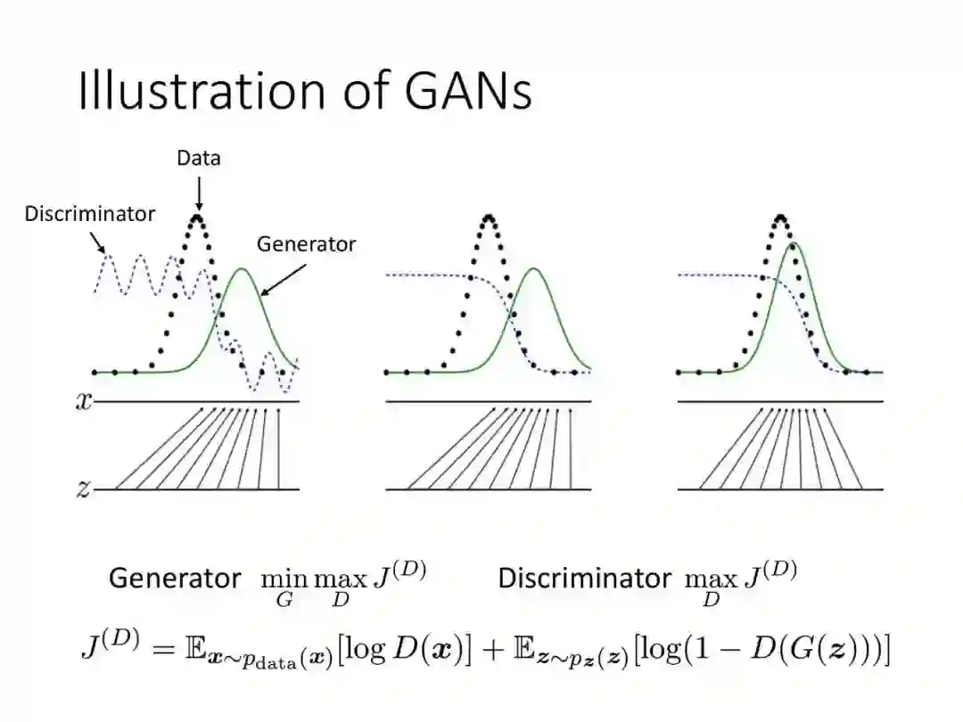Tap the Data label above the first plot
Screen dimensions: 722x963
(x=198, y=159)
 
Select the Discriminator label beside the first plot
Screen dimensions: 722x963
(x=89, y=214)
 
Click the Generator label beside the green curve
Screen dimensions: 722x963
(x=306, y=244)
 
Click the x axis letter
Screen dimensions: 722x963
(x=83, y=401)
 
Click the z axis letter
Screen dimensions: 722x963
(x=83, y=488)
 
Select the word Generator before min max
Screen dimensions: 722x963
(x=175, y=578)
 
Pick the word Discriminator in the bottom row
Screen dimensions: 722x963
(x=584, y=578)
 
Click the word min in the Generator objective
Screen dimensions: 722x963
(x=284, y=578)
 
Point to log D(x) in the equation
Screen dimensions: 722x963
(x=409, y=650)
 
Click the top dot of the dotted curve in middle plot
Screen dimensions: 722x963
(x=489, y=216)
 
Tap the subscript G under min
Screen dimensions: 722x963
(x=284, y=599)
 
